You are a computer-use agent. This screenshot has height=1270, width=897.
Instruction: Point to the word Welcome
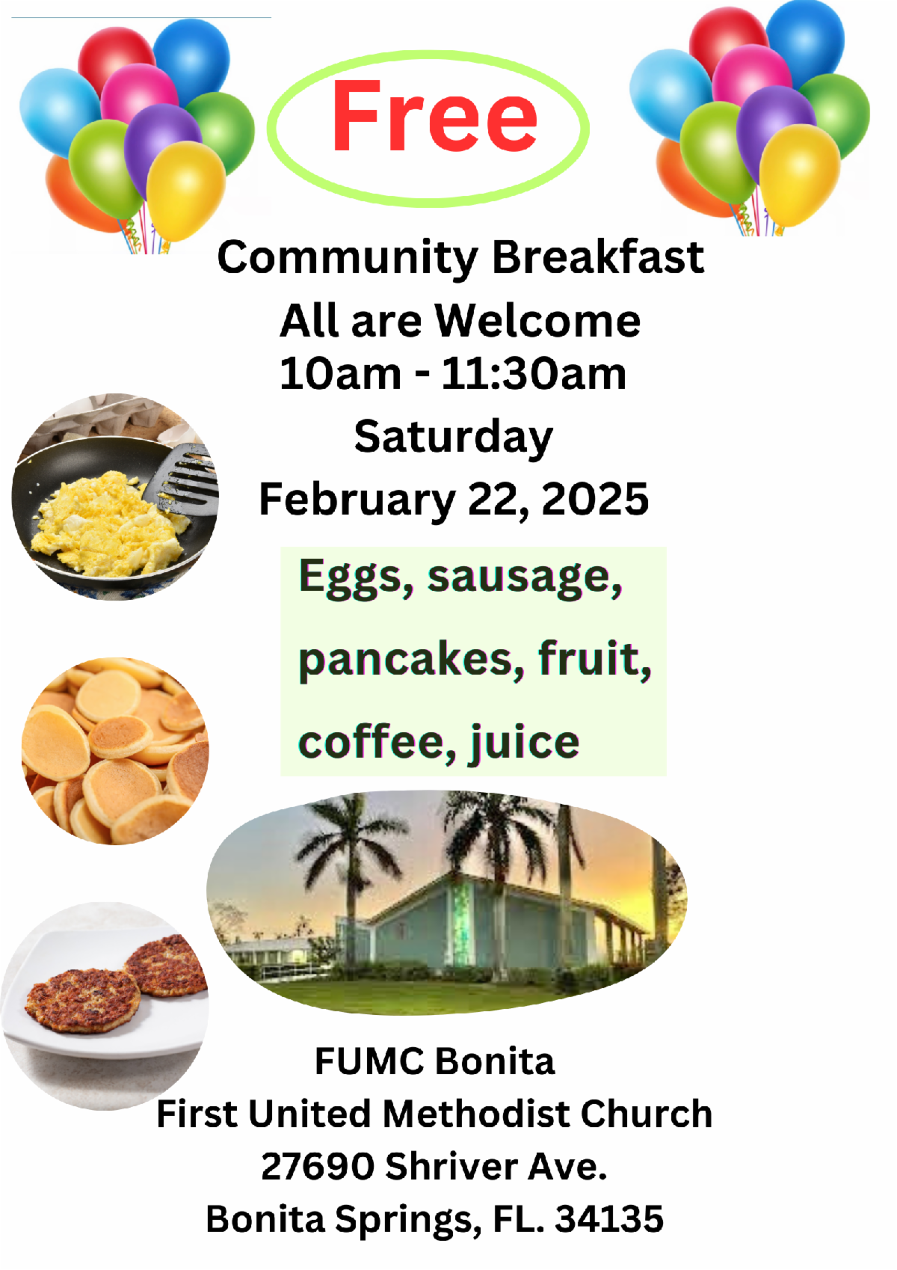click(x=537, y=321)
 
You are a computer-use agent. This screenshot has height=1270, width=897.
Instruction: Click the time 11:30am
click(x=533, y=374)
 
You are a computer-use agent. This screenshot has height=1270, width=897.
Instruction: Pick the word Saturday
click(x=453, y=438)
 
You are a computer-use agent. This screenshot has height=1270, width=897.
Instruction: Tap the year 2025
click(x=595, y=499)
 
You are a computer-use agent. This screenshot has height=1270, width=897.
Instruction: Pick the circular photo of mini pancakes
click(x=115, y=751)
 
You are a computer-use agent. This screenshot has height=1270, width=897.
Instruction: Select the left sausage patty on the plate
click(x=83, y=1001)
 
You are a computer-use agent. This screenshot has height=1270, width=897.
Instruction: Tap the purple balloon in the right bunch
click(x=777, y=130)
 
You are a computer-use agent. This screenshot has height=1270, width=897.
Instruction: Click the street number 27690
click(x=318, y=1167)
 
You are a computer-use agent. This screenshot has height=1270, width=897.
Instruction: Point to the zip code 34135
click(x=608, y=1219)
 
